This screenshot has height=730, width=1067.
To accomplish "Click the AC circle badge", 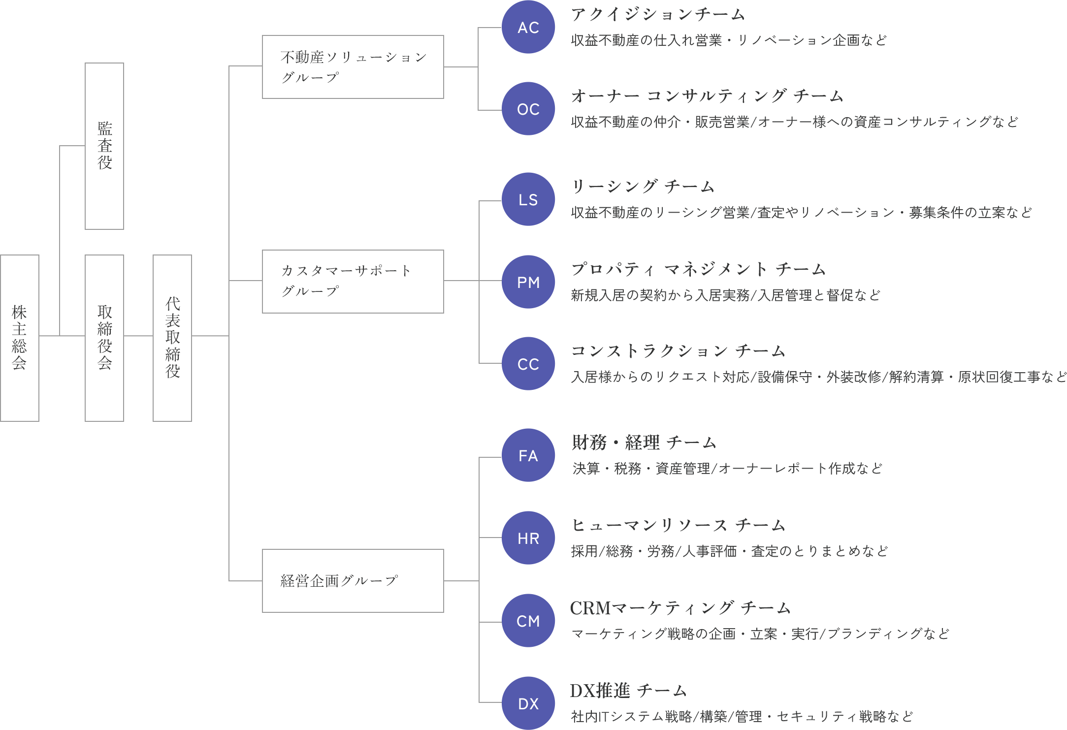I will (x=528, y=27).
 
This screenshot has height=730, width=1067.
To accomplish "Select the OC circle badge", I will (x=528, y=109).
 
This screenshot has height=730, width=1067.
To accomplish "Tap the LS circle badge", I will (x=528, y=199).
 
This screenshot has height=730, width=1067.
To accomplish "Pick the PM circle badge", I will (x=528, y=282).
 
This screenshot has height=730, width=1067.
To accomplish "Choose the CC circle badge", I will (x=528, y=364).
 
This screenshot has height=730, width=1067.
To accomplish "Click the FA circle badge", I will (x=528, y=455).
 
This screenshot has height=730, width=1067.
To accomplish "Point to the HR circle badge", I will (x=528, y=538).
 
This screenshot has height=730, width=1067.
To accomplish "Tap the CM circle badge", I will (x=528, y=621).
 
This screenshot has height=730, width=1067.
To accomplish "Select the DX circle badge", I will (x=528, y=703).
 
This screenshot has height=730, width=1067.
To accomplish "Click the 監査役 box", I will (x=104, y=146).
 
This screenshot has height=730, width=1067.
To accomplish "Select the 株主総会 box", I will (x=20, y=338).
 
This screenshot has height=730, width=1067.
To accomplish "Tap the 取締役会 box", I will (x=104, y=338).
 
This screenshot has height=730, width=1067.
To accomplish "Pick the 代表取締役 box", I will (x=172, y=338).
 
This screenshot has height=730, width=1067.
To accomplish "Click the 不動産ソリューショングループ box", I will (x=353, y=67).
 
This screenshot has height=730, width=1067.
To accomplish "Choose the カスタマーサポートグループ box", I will (x=353, y=281).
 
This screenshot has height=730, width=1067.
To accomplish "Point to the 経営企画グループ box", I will (x=353, y=581).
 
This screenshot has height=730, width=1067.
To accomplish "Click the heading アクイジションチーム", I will (x=658, y=15).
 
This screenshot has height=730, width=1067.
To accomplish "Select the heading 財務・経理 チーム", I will (x=644, y=443).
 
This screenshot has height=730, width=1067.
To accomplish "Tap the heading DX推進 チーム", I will (x=628, y=691).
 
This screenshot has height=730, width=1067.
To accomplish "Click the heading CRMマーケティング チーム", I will (x=680, y=608).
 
